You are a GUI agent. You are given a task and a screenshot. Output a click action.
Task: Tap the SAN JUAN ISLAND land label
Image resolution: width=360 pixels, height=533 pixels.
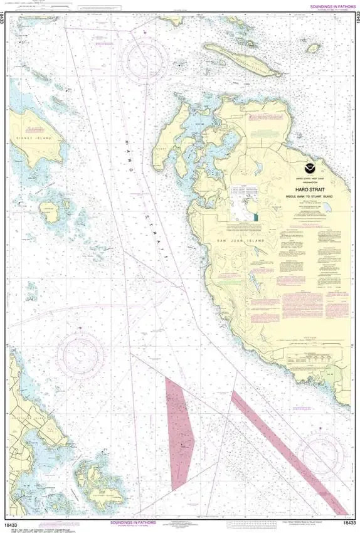(x=246, y=240)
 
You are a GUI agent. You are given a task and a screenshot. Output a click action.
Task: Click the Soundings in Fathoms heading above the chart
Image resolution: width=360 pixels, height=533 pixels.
(x=327, y=6)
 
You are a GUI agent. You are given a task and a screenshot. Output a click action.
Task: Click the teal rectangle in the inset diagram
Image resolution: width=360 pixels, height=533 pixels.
(x=256, y=217)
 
